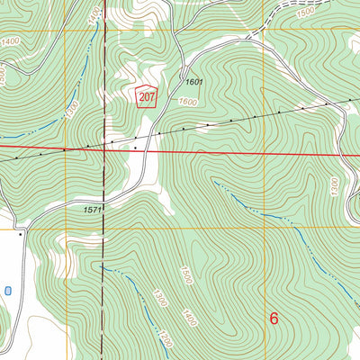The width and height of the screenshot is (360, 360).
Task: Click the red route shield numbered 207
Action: tap(146, 95)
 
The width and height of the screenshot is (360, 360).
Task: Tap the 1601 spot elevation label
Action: tap(196, 83)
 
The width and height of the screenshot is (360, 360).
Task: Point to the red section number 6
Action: tap(274, 318)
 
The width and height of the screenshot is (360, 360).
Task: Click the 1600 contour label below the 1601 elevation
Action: tap(187, 102)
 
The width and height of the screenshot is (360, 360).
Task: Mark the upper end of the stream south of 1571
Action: tap(103, 266)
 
